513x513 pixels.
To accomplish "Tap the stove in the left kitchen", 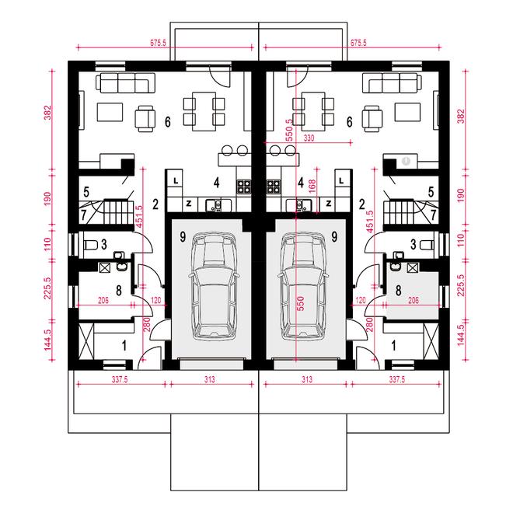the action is pyautogui.click(x=244, y=187).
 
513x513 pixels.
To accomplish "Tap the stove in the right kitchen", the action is pyautogui.click(x=274, y=187).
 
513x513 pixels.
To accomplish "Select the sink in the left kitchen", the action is pyautogui.click(x=214, y=205).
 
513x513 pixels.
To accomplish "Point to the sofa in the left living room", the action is pyautogui.click(x=125, y=82).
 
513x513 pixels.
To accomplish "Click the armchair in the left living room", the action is pyautogui.click(x=145, y=119).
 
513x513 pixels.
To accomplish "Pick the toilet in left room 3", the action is pyautogui.click(x=91, y=245).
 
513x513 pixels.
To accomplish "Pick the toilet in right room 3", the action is pyautogui.click(x=427, y=245).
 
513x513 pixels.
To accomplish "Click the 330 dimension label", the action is pyautogui.click(x=309, y=138).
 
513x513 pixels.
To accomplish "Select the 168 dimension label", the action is pyautogui.click(x=312, y=186).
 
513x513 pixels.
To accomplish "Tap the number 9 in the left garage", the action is pyautogui.click(x=183, y=236).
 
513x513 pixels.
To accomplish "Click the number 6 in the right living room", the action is pyautogui.click(x=350, y=122).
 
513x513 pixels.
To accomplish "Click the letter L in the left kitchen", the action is pyautogui.click(x=176, y=181).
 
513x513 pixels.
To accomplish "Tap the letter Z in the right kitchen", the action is pyautogui.click(x=328, y=204).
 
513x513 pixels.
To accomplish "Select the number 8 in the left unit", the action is pyautogui.click(x=119, y=290).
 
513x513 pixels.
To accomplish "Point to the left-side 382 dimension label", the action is pyautogui.click(x=48, y=112).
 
